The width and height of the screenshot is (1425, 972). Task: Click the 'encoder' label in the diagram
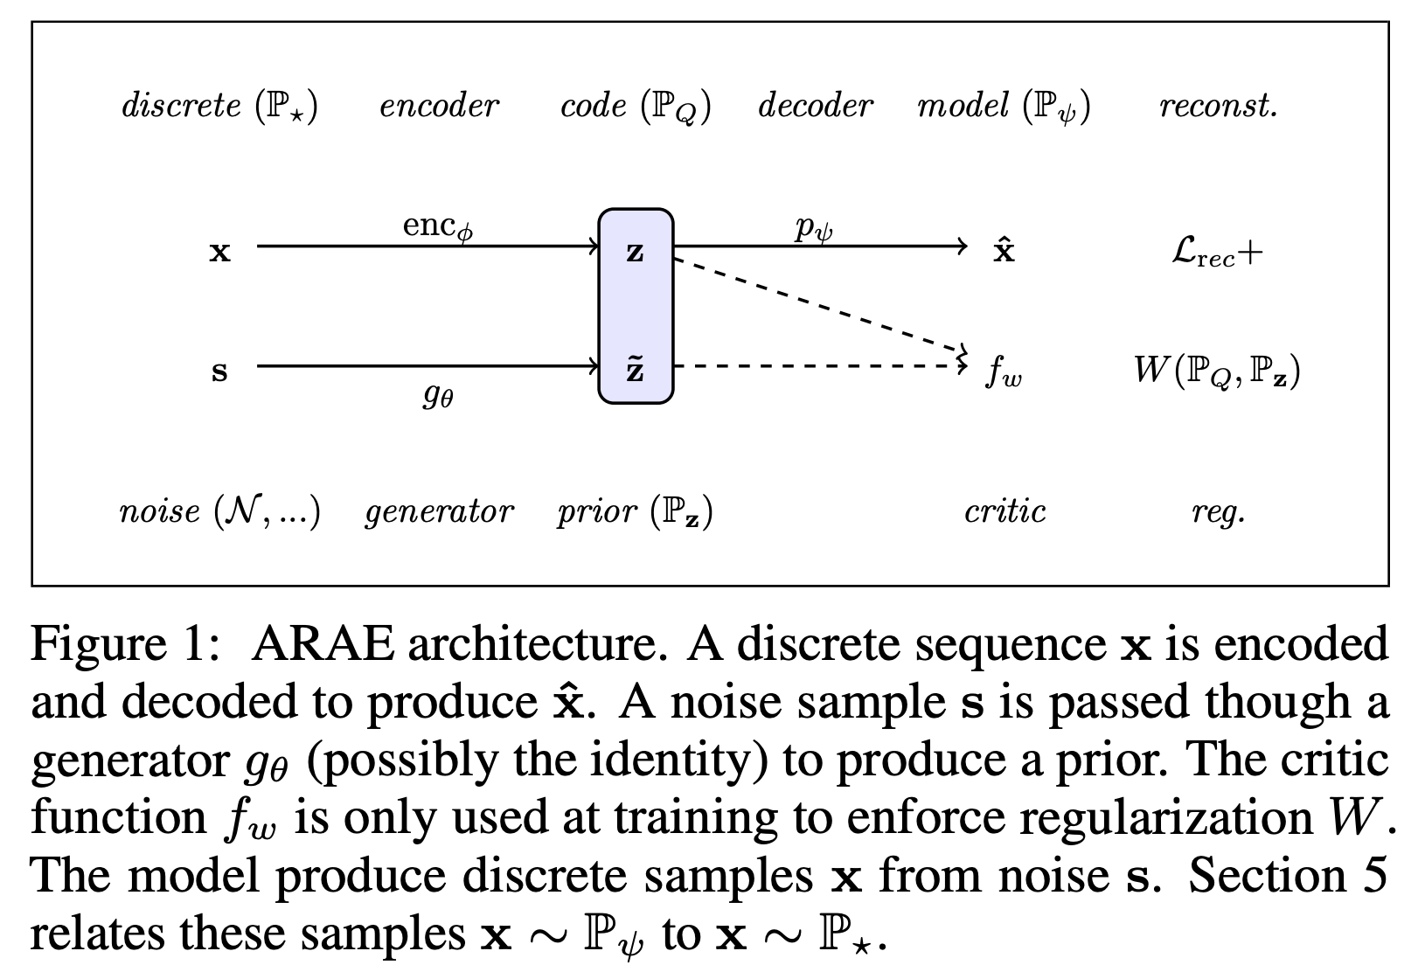coord(439,106)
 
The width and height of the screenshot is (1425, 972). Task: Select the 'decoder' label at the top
coord(815,106)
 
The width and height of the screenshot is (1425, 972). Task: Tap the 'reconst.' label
coord(1218,106)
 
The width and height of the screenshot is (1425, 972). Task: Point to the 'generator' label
coord(439,511)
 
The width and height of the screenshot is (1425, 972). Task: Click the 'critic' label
coord(1004,511)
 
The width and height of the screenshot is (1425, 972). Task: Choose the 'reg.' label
coord(1218,513)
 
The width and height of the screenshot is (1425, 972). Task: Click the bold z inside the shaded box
coord(636,253)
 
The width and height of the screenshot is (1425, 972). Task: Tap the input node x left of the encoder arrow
coord(219,253)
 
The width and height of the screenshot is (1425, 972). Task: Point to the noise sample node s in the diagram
coord(219,371)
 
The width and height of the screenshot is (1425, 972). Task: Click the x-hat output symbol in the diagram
coord(1004,251)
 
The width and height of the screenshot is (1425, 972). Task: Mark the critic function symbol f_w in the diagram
coord(1004,372)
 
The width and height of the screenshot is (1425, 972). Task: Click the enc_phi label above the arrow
coord(438,226)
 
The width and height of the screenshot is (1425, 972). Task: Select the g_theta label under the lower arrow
coord(438,397)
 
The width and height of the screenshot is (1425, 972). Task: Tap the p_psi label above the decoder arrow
coord(814,228)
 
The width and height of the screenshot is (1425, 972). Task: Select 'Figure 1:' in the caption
coord(123,645)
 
